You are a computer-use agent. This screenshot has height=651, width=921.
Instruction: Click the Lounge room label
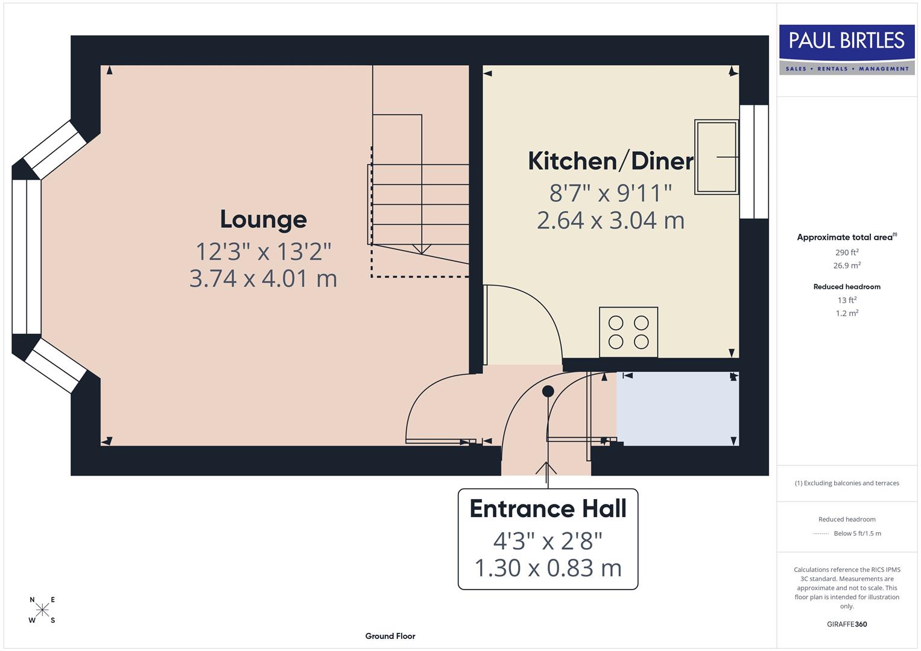[x=263, y=219]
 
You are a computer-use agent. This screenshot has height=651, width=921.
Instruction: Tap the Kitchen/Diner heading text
[x=610, y=161]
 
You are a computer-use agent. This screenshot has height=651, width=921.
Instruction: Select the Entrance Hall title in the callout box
[x=548, y=509]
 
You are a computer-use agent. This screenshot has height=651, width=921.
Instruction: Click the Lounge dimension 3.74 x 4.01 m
[x=263, y=278]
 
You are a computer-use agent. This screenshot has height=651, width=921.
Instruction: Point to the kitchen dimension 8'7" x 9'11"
[x=610, y=193]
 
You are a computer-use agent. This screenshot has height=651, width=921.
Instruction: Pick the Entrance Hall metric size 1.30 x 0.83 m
[x=548, y=568]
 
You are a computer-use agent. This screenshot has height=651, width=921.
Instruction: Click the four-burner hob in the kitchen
[x=628, y=332]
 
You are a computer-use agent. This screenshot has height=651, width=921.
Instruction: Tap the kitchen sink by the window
[x=716, y=157]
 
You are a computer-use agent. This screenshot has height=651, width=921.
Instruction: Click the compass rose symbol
[x=42, y=610]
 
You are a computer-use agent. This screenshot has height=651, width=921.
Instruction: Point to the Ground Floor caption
[x=390, y=636]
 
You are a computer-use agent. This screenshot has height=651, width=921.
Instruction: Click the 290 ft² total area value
[x=847, y=253]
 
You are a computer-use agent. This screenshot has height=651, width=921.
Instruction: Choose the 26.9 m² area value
[x=847, y=265]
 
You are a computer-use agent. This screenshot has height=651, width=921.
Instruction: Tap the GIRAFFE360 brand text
[x=847, y=624]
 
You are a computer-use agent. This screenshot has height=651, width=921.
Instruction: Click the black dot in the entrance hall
[x=548, y=391]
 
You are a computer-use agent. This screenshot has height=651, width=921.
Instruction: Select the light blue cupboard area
[x=677, y=409]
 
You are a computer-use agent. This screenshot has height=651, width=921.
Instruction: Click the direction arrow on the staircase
[x=421, y=248]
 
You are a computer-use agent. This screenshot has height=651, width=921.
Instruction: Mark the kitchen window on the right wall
[x=754, y=162]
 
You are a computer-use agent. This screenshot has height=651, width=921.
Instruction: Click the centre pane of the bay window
[x=26, y=257]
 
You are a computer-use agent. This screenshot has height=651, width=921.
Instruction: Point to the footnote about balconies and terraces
[x=847, y=483]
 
